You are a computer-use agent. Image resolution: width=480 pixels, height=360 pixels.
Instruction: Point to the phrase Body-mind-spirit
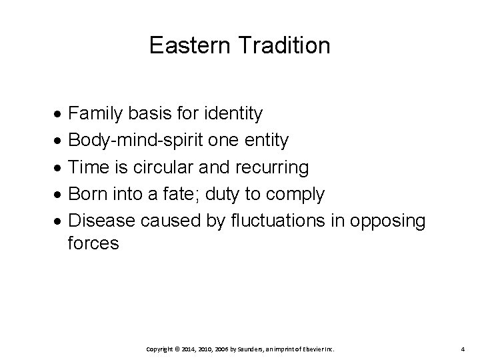click(135, 141)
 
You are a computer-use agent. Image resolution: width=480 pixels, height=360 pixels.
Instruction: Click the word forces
click(93, 244)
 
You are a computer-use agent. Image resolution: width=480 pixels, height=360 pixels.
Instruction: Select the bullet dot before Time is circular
click(60, 168)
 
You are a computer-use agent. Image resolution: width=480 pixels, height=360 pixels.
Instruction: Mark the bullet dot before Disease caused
click(60, 221)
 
